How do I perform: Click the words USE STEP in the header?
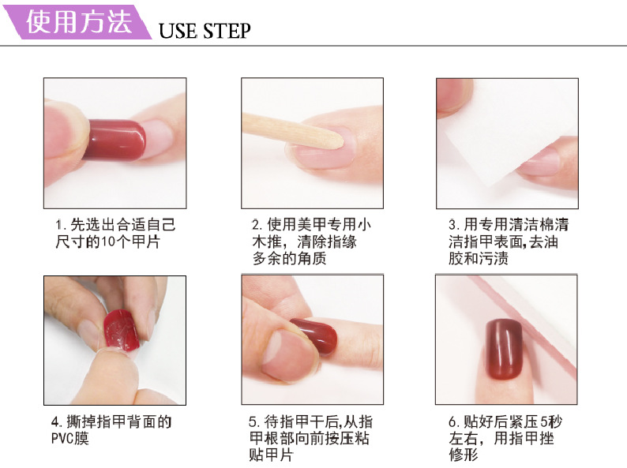tap(205, 31)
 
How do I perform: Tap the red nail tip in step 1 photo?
tap(115, 140)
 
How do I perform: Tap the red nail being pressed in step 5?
tap(316, 337)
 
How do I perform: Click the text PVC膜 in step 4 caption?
tap(69, 439)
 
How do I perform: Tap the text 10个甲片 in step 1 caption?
tap(126, 241)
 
